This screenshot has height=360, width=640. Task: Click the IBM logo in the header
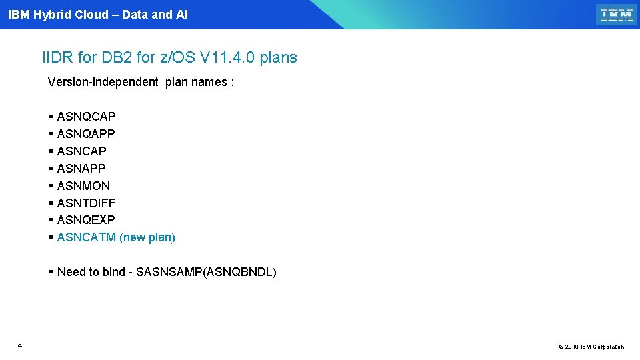pyautogui.click(x=617, y=15)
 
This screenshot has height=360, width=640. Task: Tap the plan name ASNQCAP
pyautogui.click(x=86, y=117)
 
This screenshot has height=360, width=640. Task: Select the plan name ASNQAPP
pyautogui.click(x=86, y=134)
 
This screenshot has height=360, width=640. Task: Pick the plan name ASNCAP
pyautogui.click(x=81, y=151)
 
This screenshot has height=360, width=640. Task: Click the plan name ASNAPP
pyautogui.click(x=81, y=169)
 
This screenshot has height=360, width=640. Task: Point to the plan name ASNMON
pyautogui.click(x=83, y=186)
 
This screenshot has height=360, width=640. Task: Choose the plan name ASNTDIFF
pyautogui.click(x=86, y=203)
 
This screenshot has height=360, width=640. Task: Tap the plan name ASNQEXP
pyautogui.click(x=86, y=220)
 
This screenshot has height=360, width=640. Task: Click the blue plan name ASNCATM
pyautogui.click(x=87, y=237)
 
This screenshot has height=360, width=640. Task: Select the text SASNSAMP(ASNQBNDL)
pyautogui.click(x=206, y=272)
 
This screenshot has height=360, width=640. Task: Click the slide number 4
pyautogui.click(x=20, y=345)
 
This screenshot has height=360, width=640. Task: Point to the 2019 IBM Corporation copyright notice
pyautogui.click(x=591, y=347)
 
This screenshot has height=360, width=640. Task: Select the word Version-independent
pyautogui.click(x=103, y=82)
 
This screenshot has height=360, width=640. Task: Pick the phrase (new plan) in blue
pyautogui.click(x=147, y=237)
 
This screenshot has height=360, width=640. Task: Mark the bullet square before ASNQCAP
pyautogui.click(x=51, y=117)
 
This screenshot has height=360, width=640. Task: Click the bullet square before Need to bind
pyautogui.click(x=51, y=272)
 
